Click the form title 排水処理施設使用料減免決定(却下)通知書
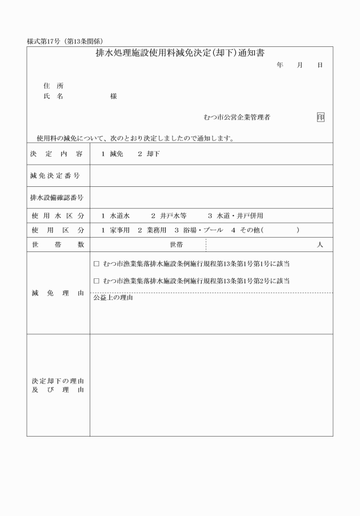180,54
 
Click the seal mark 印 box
321,118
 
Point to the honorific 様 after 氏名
113,97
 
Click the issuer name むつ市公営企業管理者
237,118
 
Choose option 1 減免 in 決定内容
112,154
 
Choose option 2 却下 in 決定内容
149,154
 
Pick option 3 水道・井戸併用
235,216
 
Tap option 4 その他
246,230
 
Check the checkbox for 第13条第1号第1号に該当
96,265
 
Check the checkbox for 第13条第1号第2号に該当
96,281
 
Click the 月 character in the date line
299,66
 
